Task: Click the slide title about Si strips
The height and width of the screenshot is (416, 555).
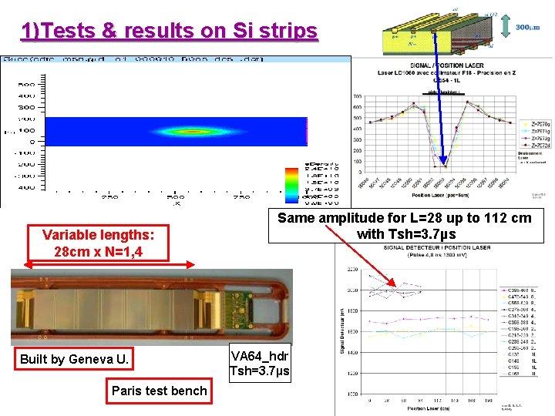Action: (x=170, y=31)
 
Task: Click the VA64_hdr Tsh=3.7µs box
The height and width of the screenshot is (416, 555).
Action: (x=260, y=363)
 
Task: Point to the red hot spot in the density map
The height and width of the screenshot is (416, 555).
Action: (x=185, y=131)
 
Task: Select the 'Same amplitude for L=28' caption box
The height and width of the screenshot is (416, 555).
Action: (x=404, y=226)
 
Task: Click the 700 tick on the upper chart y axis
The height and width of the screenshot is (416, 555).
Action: (x=357, y=96)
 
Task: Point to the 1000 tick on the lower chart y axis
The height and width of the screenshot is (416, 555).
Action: (x=351, y=394)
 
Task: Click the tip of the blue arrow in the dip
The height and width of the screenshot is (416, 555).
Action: (x=443, y=164)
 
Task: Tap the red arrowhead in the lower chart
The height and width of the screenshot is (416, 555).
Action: (x=393, y=286)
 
